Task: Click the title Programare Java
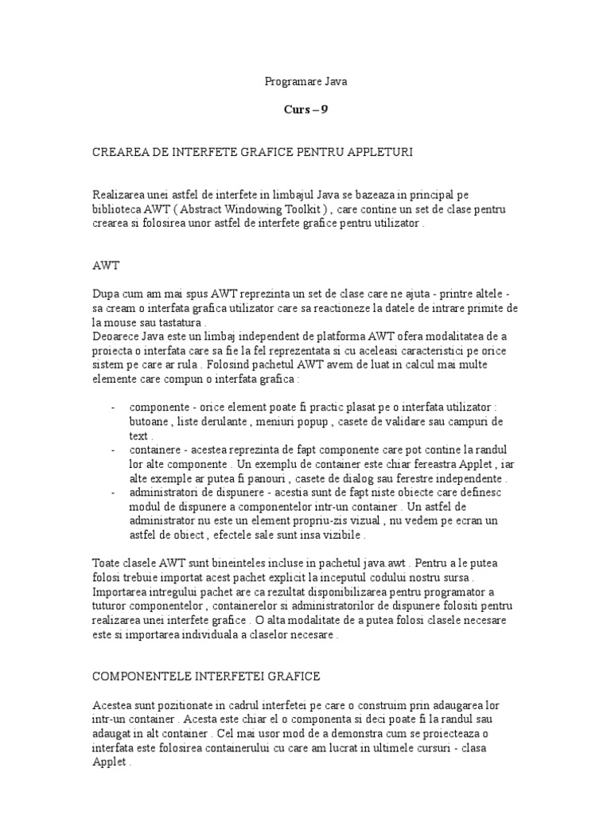(x=305, y=81)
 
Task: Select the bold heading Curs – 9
(x=305, y=110)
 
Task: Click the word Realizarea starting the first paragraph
(x=123, y=196)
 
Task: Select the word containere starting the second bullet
(x=155, y=451)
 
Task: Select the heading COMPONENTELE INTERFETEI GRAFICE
(x=207, y=677)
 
